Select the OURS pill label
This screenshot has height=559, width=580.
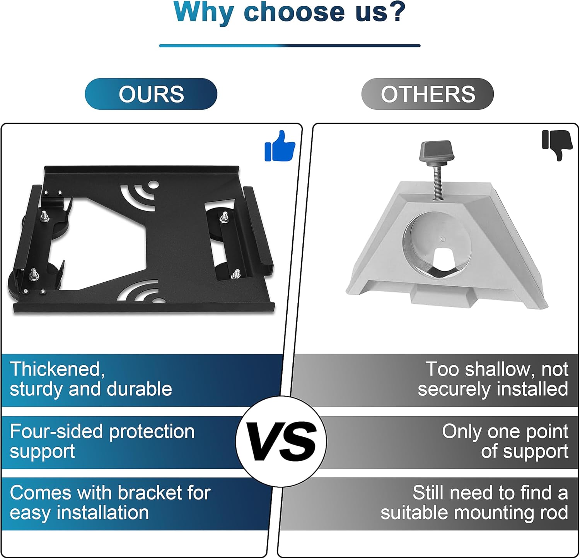coord(151,94)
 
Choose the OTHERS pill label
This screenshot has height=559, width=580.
coord(428,94)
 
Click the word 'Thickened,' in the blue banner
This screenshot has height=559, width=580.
coord(57,369)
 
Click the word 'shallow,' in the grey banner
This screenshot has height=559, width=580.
coord(500,369)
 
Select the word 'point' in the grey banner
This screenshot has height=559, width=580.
coord(546,432)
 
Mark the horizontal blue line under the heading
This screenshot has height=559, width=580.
coord(290,46)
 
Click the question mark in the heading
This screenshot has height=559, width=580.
coord(395,12)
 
